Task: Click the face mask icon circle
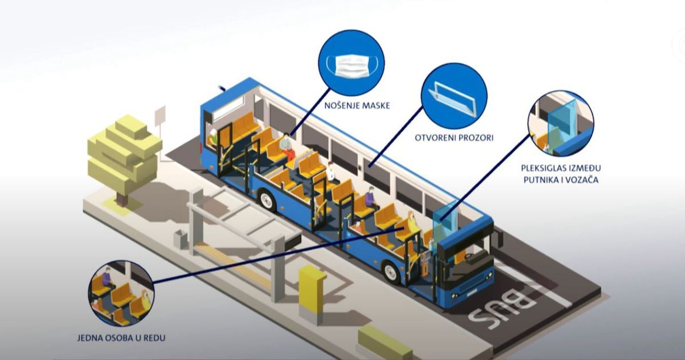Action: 351,62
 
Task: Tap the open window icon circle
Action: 454,96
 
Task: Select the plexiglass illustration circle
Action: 561,124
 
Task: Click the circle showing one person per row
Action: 121,293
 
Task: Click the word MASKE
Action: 375,106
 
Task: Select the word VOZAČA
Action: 578,180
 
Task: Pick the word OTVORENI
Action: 432,138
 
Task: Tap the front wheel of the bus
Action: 391,272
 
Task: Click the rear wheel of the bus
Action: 267,199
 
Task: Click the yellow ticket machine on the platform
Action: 312,288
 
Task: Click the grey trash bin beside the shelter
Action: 181,239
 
